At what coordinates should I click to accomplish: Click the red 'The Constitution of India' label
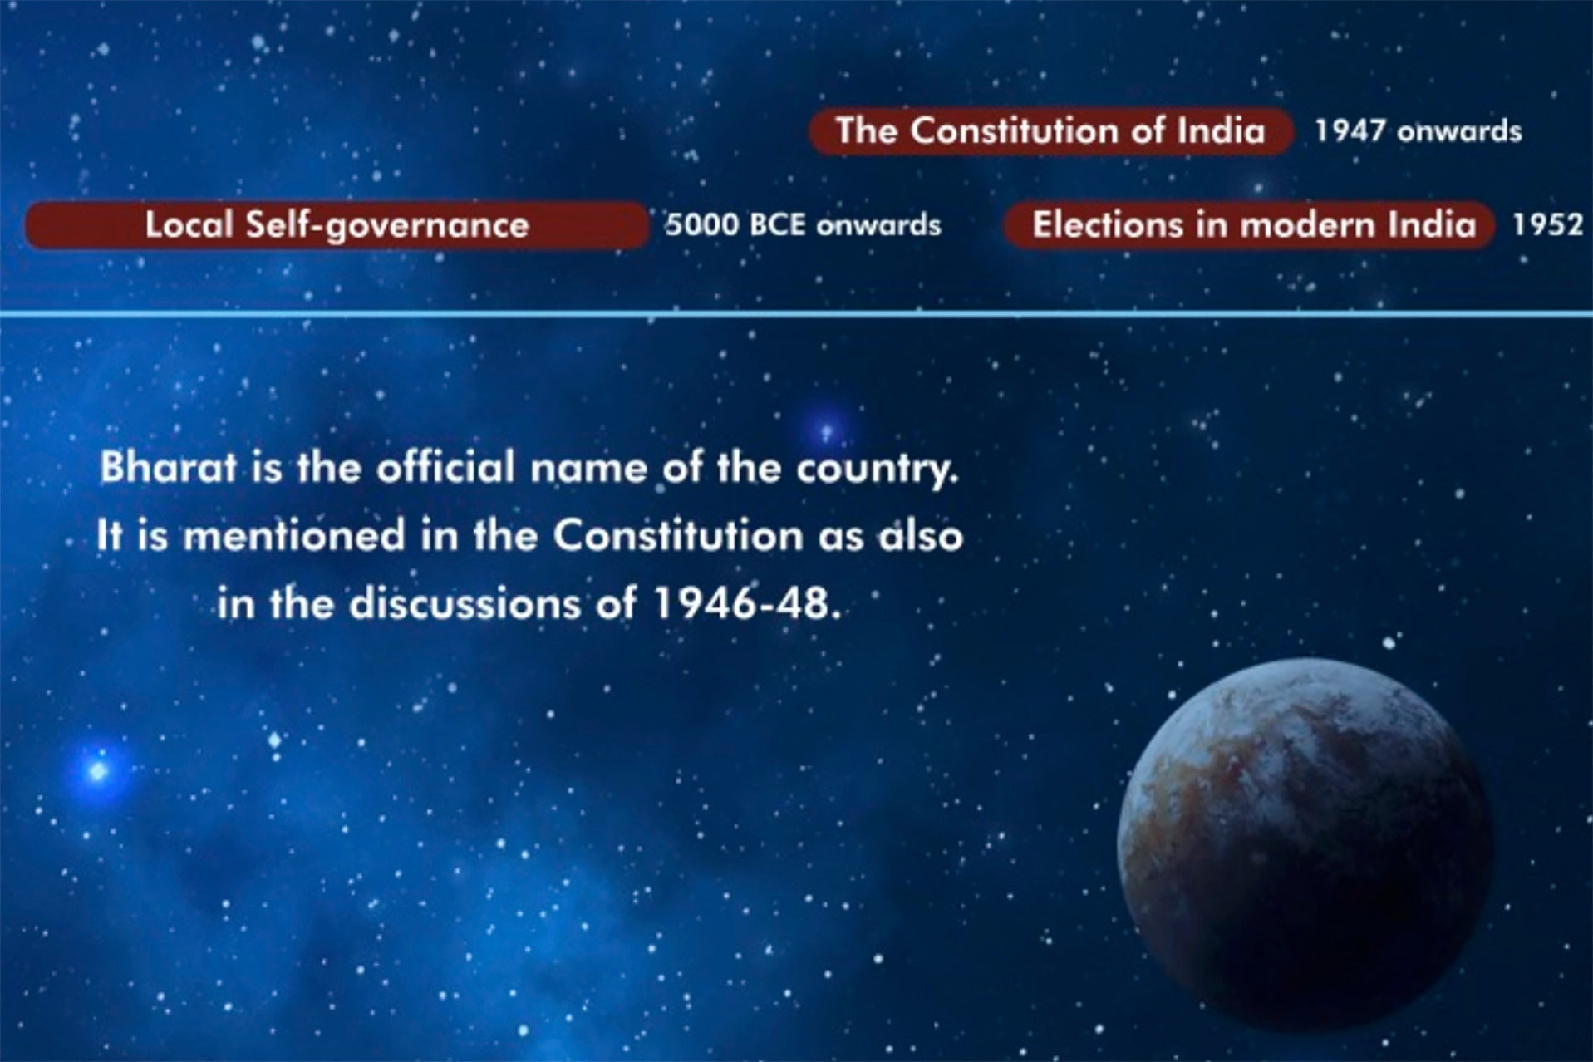[x=1050, y=131]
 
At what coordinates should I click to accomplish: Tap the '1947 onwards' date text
[x=1418, y=131]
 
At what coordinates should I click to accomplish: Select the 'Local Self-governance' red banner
[x=337, y=225]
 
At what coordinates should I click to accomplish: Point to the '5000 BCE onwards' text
[x=803, y=225]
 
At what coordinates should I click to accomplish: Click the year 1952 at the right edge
[x=1547, y=225]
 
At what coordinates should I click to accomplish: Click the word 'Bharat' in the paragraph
[x=168, y=468]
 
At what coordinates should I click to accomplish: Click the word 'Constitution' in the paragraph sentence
[x=677, y=536]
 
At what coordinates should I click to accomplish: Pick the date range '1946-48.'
[x=747, y=604]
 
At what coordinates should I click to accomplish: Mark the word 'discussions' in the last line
[x=465, y=604]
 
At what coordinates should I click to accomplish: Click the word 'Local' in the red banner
[x=188, y=225]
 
